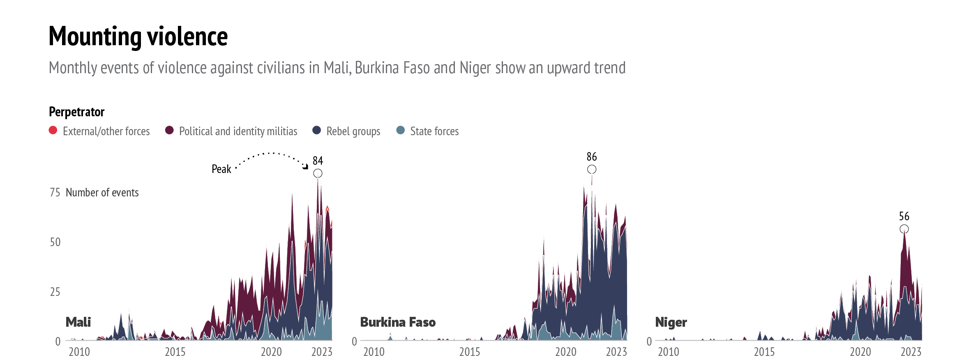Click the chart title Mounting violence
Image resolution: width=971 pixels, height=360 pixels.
(x=138, y=36)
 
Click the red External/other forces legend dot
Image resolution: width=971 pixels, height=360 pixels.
(x=53, y=130)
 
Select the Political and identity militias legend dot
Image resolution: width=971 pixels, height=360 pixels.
(x=169, y=130)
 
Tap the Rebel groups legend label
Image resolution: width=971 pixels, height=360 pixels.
(x=353, y=132)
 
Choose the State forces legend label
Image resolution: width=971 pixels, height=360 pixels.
(x=434, y=132)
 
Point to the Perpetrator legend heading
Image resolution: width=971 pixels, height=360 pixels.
(x=76, y=112)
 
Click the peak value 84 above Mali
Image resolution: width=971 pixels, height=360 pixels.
(x=318, y=161)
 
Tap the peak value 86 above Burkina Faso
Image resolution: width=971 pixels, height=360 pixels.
(x=592, y=157)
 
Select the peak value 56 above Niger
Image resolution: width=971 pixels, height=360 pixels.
(x=904, y=216)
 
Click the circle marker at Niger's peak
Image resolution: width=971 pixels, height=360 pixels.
(x=904, y=229)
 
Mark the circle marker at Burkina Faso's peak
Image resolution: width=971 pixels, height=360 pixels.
(x=592, y=169)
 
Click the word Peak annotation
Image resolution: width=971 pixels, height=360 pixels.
(x=221, y=169)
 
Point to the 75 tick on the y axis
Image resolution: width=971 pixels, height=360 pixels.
(x=55, y=192)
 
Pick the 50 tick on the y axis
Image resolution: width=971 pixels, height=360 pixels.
(x=55, y=242)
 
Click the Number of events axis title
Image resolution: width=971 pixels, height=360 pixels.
(x=102, y=192)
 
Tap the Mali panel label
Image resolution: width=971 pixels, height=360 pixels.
(x=78, y=322)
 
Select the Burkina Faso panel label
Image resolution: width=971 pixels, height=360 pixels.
(x=398, y=322)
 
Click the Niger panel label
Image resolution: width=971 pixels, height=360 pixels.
(x=671, y=322)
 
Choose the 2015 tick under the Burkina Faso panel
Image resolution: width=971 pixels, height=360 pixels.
(x=470, y=352)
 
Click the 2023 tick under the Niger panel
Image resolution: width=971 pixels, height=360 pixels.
(x=911, y=352)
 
